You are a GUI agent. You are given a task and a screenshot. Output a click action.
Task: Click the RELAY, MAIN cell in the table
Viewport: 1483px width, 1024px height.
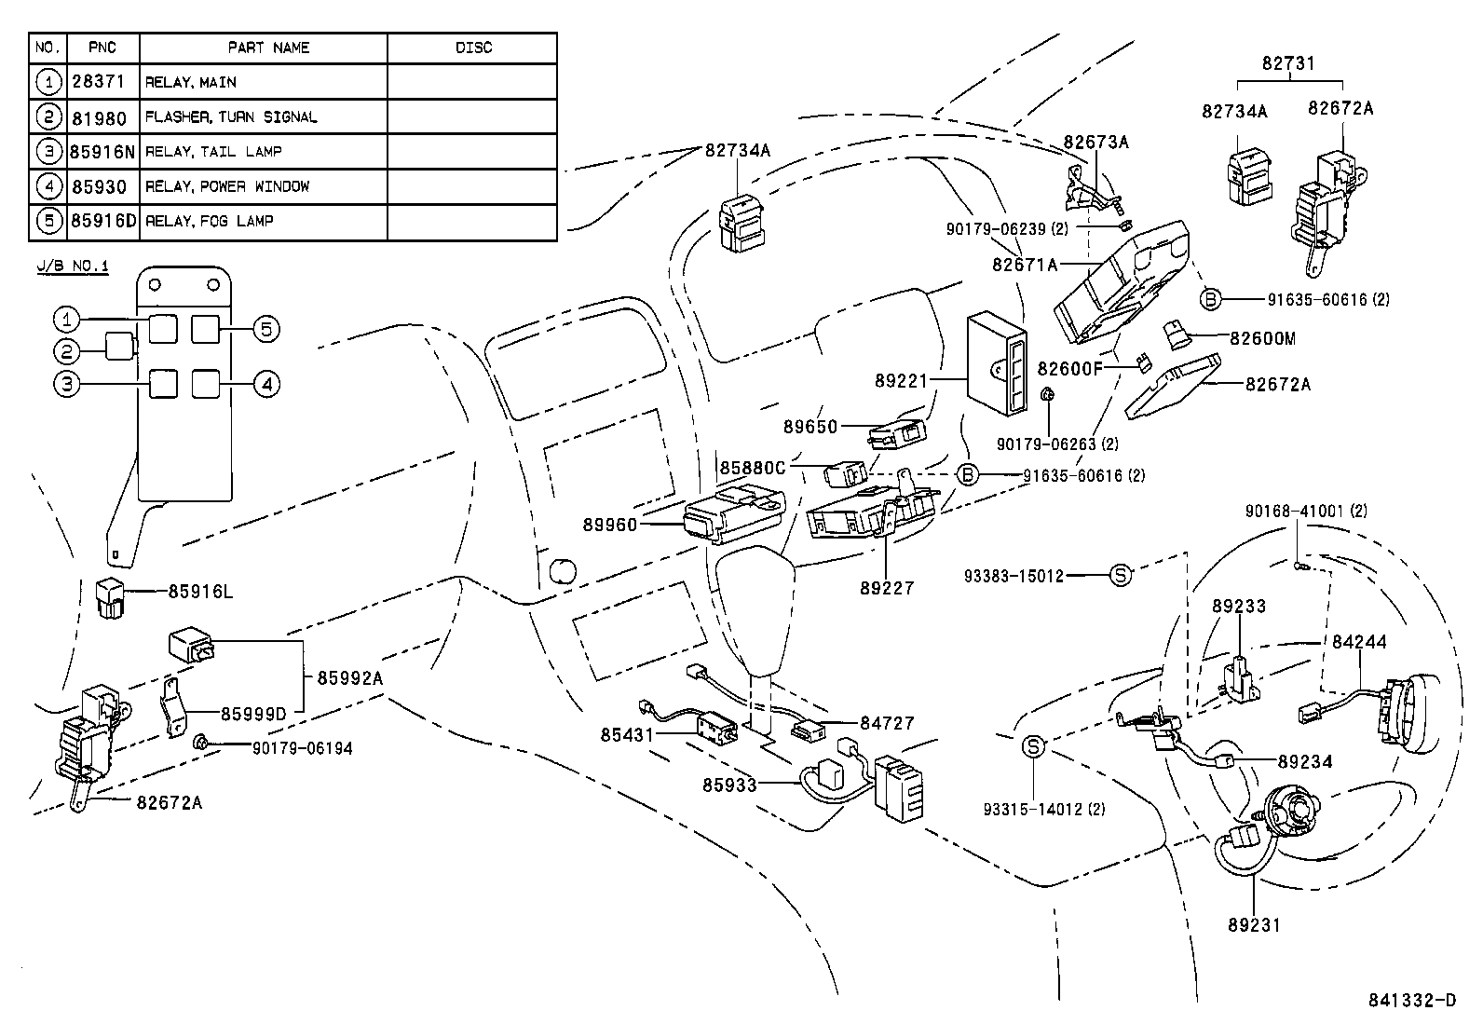[x=191, y=82]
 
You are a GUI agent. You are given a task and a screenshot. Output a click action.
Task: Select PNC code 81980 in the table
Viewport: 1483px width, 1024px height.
[x=99, y=116]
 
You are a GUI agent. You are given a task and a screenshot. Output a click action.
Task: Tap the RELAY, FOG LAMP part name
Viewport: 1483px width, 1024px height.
[x=209, y=221]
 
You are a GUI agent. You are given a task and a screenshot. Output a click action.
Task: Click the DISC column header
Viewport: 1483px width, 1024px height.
[x=472, y=48]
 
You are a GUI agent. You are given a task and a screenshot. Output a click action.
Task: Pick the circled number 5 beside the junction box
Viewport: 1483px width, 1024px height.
[x=265, y=328]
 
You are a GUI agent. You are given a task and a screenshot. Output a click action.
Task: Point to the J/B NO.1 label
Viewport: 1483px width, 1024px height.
[x=73, y=266]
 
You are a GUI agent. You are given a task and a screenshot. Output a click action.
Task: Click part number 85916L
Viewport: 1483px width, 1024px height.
[x=200, y=592]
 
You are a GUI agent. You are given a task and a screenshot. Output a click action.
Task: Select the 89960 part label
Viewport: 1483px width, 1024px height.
[x=610, y=525]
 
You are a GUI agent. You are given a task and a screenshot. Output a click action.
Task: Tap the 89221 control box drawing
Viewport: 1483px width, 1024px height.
[x=997, y=363]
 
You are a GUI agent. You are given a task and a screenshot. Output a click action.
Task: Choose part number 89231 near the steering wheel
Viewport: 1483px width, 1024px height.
[x=1253, y=925]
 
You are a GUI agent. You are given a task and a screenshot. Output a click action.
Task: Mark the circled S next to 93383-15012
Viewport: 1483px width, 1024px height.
[x=1121, y=576]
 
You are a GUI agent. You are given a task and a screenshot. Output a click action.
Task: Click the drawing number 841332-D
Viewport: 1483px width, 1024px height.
[x=1411, y=1001]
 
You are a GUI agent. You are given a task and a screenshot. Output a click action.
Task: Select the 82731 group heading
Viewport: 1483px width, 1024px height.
[x=1288, y=63]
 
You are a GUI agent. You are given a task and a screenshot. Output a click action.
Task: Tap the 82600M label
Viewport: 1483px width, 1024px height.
[x=1262, y=338]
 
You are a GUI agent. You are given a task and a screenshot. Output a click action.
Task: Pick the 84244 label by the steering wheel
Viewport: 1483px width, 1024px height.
[x=1359, y=642]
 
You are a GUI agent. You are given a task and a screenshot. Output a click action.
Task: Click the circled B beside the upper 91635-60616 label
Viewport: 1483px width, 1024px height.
[x=1209, y=299]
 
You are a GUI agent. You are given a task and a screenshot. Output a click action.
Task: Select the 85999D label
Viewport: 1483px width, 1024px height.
[x=253, y=714]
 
